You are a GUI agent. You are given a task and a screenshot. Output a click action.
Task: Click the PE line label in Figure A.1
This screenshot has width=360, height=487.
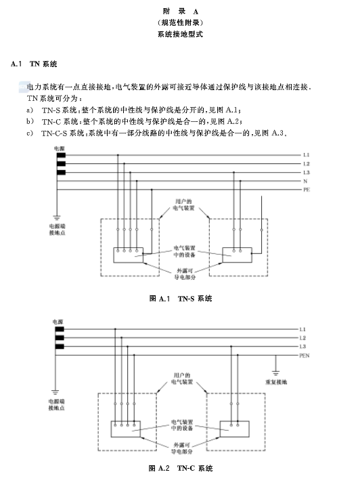[x=307, y=190]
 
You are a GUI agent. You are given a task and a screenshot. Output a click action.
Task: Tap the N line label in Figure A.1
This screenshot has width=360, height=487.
[x=305, y=181]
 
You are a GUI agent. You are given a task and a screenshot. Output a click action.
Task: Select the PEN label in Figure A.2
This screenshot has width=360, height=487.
[x=304, y=356]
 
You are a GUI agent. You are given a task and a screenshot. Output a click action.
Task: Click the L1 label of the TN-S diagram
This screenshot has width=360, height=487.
[x=307, y=155]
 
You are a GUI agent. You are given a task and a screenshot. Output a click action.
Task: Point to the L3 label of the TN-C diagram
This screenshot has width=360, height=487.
[x=302, y=347]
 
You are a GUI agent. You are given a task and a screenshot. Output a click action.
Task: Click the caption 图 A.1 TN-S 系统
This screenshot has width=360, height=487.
[x=181, y=299]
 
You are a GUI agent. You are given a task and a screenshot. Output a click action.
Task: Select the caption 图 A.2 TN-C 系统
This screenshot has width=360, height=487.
[x=181, y=468]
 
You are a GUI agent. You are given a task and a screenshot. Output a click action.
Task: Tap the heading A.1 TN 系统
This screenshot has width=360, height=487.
[x=34, y=64]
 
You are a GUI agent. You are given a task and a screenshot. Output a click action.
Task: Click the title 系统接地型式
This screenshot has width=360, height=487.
[x=180, y=34]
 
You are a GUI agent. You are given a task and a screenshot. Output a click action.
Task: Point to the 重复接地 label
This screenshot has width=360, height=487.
[x=276, y=382]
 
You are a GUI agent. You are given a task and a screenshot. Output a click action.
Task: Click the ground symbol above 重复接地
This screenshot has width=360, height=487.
[x=275, y=373]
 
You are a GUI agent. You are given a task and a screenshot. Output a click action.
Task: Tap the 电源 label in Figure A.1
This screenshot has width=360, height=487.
[x=60, y=148]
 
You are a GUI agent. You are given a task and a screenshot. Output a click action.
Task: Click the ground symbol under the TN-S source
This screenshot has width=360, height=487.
[x=56, y=217]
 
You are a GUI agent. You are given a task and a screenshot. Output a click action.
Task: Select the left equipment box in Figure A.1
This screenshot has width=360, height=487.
[x=128, y=255]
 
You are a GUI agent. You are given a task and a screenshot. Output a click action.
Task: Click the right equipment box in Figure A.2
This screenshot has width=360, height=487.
[x=234, y=429]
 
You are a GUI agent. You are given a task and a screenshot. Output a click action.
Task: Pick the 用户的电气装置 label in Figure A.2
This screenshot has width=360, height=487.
[x=182, y=379]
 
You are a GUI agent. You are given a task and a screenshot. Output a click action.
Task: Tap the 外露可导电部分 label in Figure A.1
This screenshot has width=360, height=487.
[x=185, y=274]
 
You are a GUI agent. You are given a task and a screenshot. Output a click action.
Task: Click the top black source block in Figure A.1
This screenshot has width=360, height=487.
[x=61, y=155]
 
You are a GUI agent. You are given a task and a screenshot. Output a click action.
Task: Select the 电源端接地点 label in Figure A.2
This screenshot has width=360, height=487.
[x=56, y=404]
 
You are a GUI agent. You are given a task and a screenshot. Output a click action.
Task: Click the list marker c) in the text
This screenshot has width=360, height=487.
[x=30, y=133]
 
